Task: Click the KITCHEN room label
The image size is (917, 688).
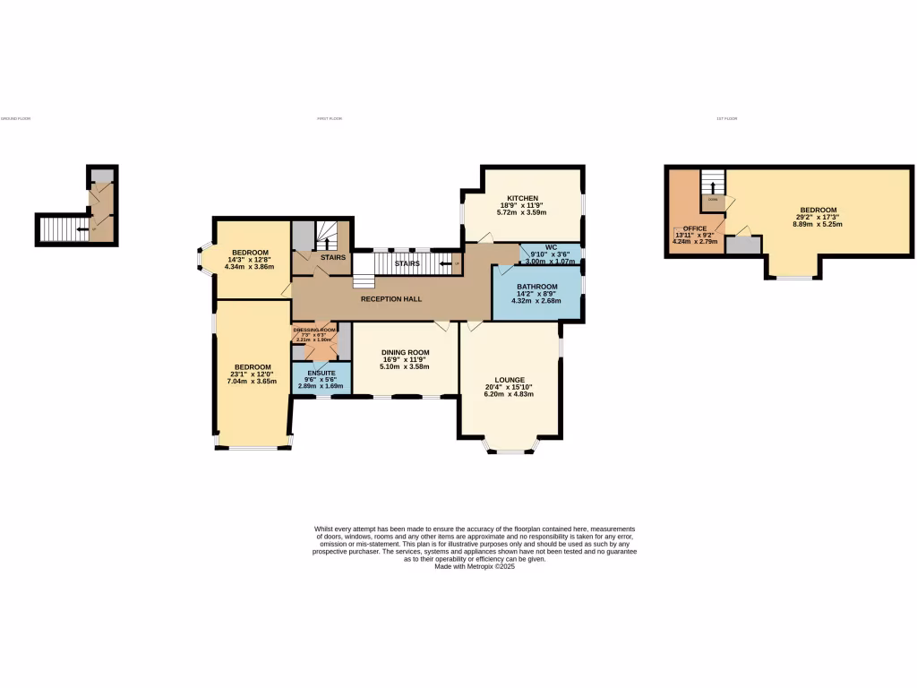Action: [x=522, y=198]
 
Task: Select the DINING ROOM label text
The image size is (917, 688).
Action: [x=405, y=352]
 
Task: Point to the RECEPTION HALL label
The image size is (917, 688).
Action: [x=391, y=299]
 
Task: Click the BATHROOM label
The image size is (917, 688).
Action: [x=536, y=287]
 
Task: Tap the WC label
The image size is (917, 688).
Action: [x=551, y=246]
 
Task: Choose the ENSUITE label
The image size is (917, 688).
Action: [x=321, y=373]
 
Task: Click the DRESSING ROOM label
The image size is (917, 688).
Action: [x=313, y=331]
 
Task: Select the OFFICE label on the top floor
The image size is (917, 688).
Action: [x=695, y=228]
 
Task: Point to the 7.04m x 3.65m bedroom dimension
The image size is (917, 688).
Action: [x=253, y=382]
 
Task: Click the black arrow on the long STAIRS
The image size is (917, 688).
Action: [x=445, y=263]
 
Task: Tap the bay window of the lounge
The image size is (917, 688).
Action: [x=510, y=450]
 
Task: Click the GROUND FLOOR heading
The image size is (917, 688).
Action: [x=15, y=118]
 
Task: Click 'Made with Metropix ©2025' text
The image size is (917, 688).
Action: [x=475, y=566]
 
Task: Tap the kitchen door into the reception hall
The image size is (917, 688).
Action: [x=484, y=237]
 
